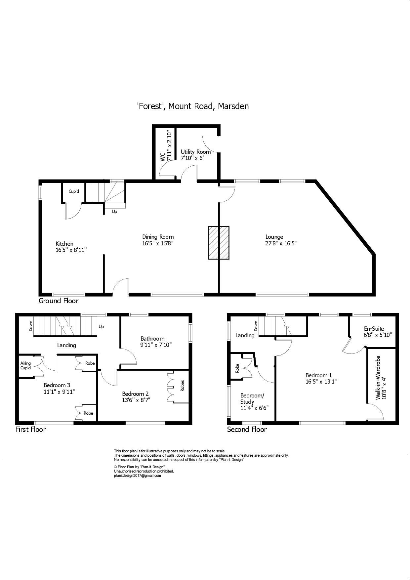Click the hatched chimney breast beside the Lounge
click(219, 243)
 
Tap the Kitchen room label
click(64, 244)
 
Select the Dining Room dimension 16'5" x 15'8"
click(158, 243)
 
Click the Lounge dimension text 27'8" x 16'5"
click(281, 243)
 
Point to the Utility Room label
click(195, 152)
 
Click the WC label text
click(163, 157)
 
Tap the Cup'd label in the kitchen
click(74, 191)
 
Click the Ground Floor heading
click(59, 301)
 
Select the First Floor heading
click(30, 429)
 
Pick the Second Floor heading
click(247, 429)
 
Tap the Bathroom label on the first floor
click(152, 339)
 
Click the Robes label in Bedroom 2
click(182, 386)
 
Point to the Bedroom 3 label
click(57, 385)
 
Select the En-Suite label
click(374, 329)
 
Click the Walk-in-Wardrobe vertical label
click(378, 378)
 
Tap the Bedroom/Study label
click(252, 398)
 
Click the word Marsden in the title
click(233, 106)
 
